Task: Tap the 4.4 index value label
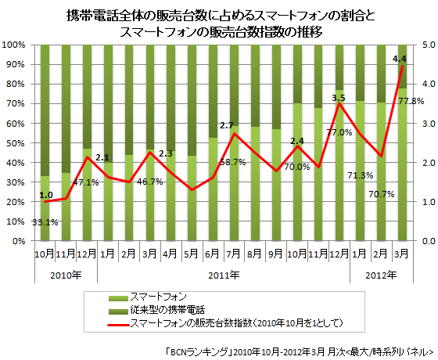pyautogui.click(x=399, y=59)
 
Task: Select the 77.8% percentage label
pyautogui.click(x=411, y=101)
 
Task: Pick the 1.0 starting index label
pyautogui.click(x=46, y=195)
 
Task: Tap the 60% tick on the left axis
pyautogui.click(x=18, y=124)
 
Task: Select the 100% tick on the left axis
pyautogui.click(x=16, y=45)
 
